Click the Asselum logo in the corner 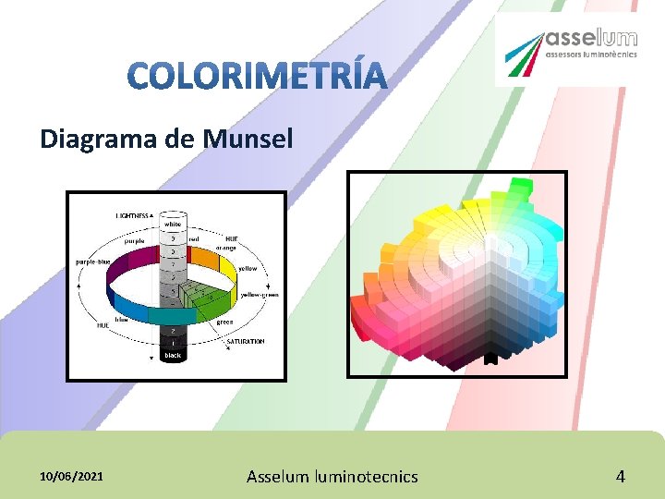(x=566, y=49)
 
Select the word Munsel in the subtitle (x=248, y=140)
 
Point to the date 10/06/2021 (x=72, y=477)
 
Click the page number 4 (x=621, y=477)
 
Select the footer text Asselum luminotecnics (x=332, y=477)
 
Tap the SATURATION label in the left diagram (x=246, y=341)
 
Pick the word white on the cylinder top (x=173, y=224)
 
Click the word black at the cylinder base (x=173, y=355)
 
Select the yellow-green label (x=260, y=295)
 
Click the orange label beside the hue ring (x=226, y=248)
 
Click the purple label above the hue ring (x=134, y=240)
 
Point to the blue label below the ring (x=121, y=320)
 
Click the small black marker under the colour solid (x=490, y=358)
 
